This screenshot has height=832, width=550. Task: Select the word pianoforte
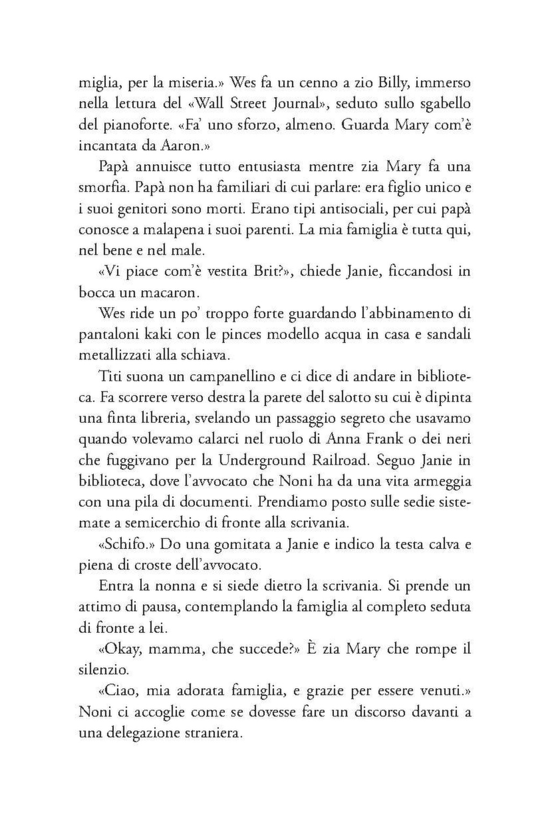click(x=129, y=125)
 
